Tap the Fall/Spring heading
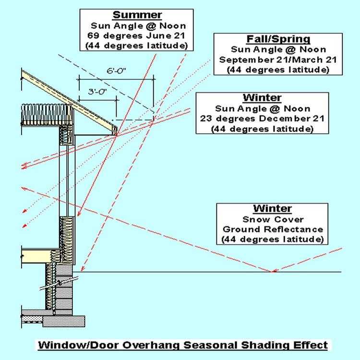pyautogui.click(x=272, y=39)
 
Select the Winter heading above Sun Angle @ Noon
pyautogui.click(x=262, y=98)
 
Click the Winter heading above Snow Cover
pyautogui.click(x=272, y=209)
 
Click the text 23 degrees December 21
pyautogui.click(x=262, y=119)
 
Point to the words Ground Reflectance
pyautogui.click(x=272, y=229)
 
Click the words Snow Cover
pyautogui.click(x=272, y=219)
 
